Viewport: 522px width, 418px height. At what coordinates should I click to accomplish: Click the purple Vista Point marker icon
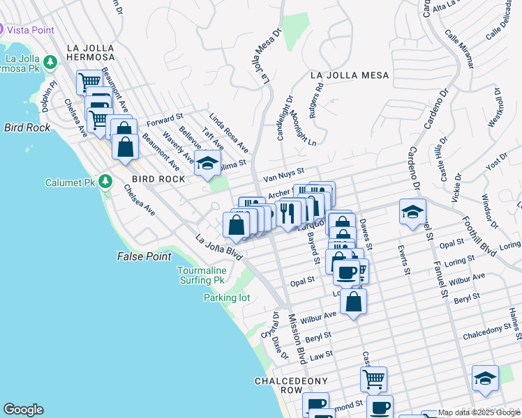click(3, 30)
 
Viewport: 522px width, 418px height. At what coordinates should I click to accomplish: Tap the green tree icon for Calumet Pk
click(105, 183)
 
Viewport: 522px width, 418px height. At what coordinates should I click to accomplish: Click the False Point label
click(144, 257)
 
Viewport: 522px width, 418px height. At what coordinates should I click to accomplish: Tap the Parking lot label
click(226, 297)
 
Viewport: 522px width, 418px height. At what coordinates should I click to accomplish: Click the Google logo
click(23, 410)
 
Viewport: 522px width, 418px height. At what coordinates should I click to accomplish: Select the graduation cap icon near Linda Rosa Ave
click(207, 164)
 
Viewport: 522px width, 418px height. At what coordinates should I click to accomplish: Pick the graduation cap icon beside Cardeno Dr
click(412, 210)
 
